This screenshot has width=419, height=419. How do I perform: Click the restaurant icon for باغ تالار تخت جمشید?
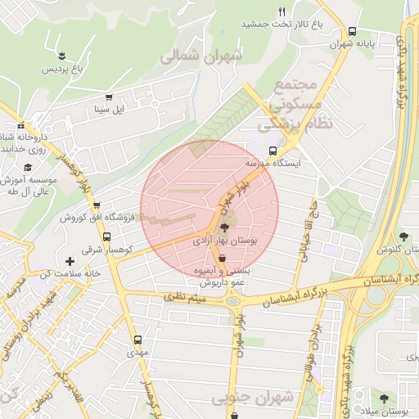pyautogui.click(x=282, y=11)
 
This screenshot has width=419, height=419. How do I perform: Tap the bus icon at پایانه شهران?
pyautogui.click(x=352, y=30)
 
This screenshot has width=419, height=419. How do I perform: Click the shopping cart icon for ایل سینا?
pyautogui.click(x=109, y=97)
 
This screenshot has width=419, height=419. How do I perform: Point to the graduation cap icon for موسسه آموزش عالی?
pyautogui.click(x=28, y=168)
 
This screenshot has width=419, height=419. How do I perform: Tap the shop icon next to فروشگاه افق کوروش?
pyautogui.click(x=97, y=205)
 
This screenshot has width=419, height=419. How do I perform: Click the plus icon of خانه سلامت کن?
pyautogui.click(x=70, y=261)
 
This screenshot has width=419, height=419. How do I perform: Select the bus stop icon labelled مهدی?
pyautogui.click(x=137, y=339)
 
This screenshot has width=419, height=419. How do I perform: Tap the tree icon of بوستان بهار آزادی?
pyautogui.click(x=225, y=229)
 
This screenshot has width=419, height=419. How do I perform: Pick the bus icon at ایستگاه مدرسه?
pyautogui.click(x=273, y=151)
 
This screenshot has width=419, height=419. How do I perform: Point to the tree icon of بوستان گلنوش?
pyautogui.click(x=407, y=237)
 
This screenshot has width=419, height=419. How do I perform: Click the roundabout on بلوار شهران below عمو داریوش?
pyautogui.click(x=234, y=301)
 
